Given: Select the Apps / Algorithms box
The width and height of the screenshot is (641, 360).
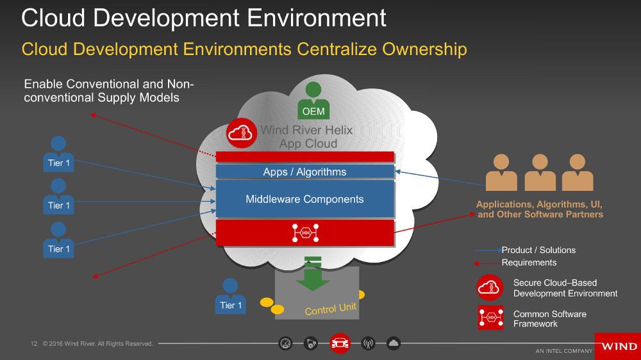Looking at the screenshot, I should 304,172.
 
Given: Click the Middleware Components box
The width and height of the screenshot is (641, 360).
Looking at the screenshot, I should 304,199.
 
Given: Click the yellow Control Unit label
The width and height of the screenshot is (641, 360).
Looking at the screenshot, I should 330,309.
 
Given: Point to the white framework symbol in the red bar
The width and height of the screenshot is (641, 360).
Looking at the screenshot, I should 305,233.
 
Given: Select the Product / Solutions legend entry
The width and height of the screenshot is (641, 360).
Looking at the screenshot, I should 538,250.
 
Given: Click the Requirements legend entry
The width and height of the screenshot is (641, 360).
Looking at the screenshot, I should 529,262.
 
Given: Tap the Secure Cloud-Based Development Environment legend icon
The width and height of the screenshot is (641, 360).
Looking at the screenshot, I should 490,288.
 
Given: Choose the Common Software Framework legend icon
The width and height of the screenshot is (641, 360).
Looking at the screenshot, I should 490,318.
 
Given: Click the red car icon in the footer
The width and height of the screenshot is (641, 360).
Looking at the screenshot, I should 340,344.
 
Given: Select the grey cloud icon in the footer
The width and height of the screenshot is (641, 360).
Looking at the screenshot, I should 394,344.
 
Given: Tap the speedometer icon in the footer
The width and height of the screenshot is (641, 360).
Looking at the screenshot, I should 286,344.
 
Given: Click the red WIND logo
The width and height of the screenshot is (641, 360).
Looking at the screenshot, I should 618,346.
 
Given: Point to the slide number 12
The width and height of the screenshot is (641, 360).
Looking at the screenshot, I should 35,344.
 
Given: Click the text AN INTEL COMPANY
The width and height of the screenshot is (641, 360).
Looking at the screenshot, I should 564,351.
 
